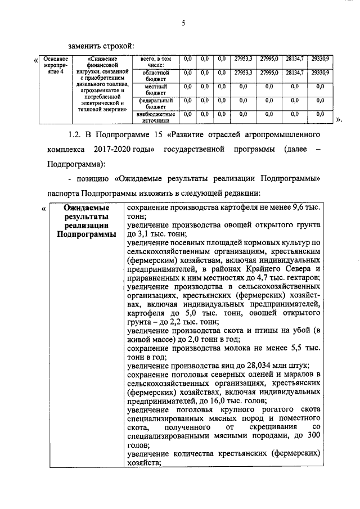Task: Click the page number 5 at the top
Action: [x=183, y=23]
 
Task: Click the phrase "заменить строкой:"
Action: [x=101, y=45]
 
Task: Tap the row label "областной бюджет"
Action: [x=153, y=76]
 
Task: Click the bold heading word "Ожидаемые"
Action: [x=86, y=208]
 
